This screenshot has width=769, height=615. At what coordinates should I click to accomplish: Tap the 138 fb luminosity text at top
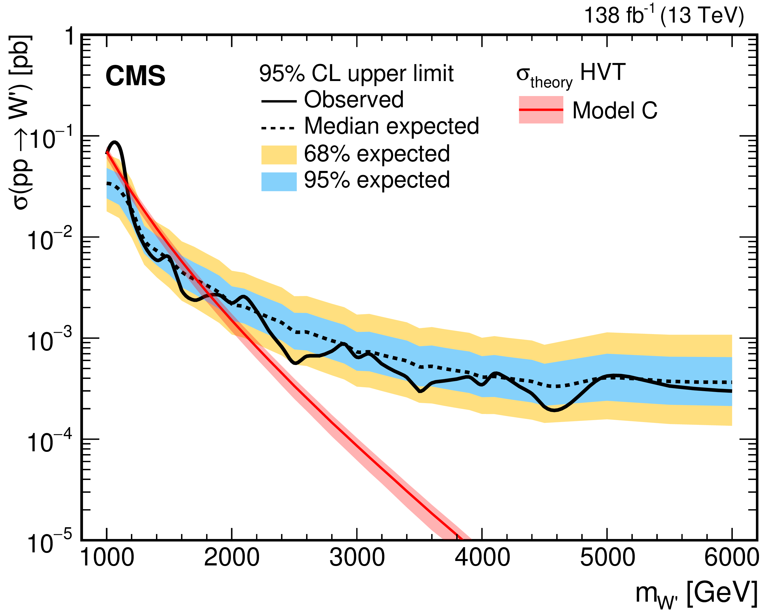click(x=664, y=16)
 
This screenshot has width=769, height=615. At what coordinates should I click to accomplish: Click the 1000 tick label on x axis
click(x=107, y=558)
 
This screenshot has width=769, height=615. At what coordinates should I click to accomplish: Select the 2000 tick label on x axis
click(x=232, y=558)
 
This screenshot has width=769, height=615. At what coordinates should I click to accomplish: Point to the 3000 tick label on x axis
click(x=357, y=558)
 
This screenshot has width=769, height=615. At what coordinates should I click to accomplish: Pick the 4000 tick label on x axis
click(x=482, y=558)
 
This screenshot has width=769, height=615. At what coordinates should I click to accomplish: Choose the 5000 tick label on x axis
click(x=607, y=558)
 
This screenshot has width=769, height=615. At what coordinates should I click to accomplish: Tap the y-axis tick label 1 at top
click(x=70, y=37)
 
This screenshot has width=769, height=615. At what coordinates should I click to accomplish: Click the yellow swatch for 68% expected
click(x=279, y=155)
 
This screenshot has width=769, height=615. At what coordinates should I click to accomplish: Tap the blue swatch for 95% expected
click(x=279, y=182)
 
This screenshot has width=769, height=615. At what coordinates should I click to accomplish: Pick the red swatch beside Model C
click(x=541, y=110)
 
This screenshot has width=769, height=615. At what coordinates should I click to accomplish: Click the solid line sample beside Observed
click(x=279, y=101)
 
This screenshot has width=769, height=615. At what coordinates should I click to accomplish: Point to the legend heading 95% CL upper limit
click(x=356, y=74)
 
